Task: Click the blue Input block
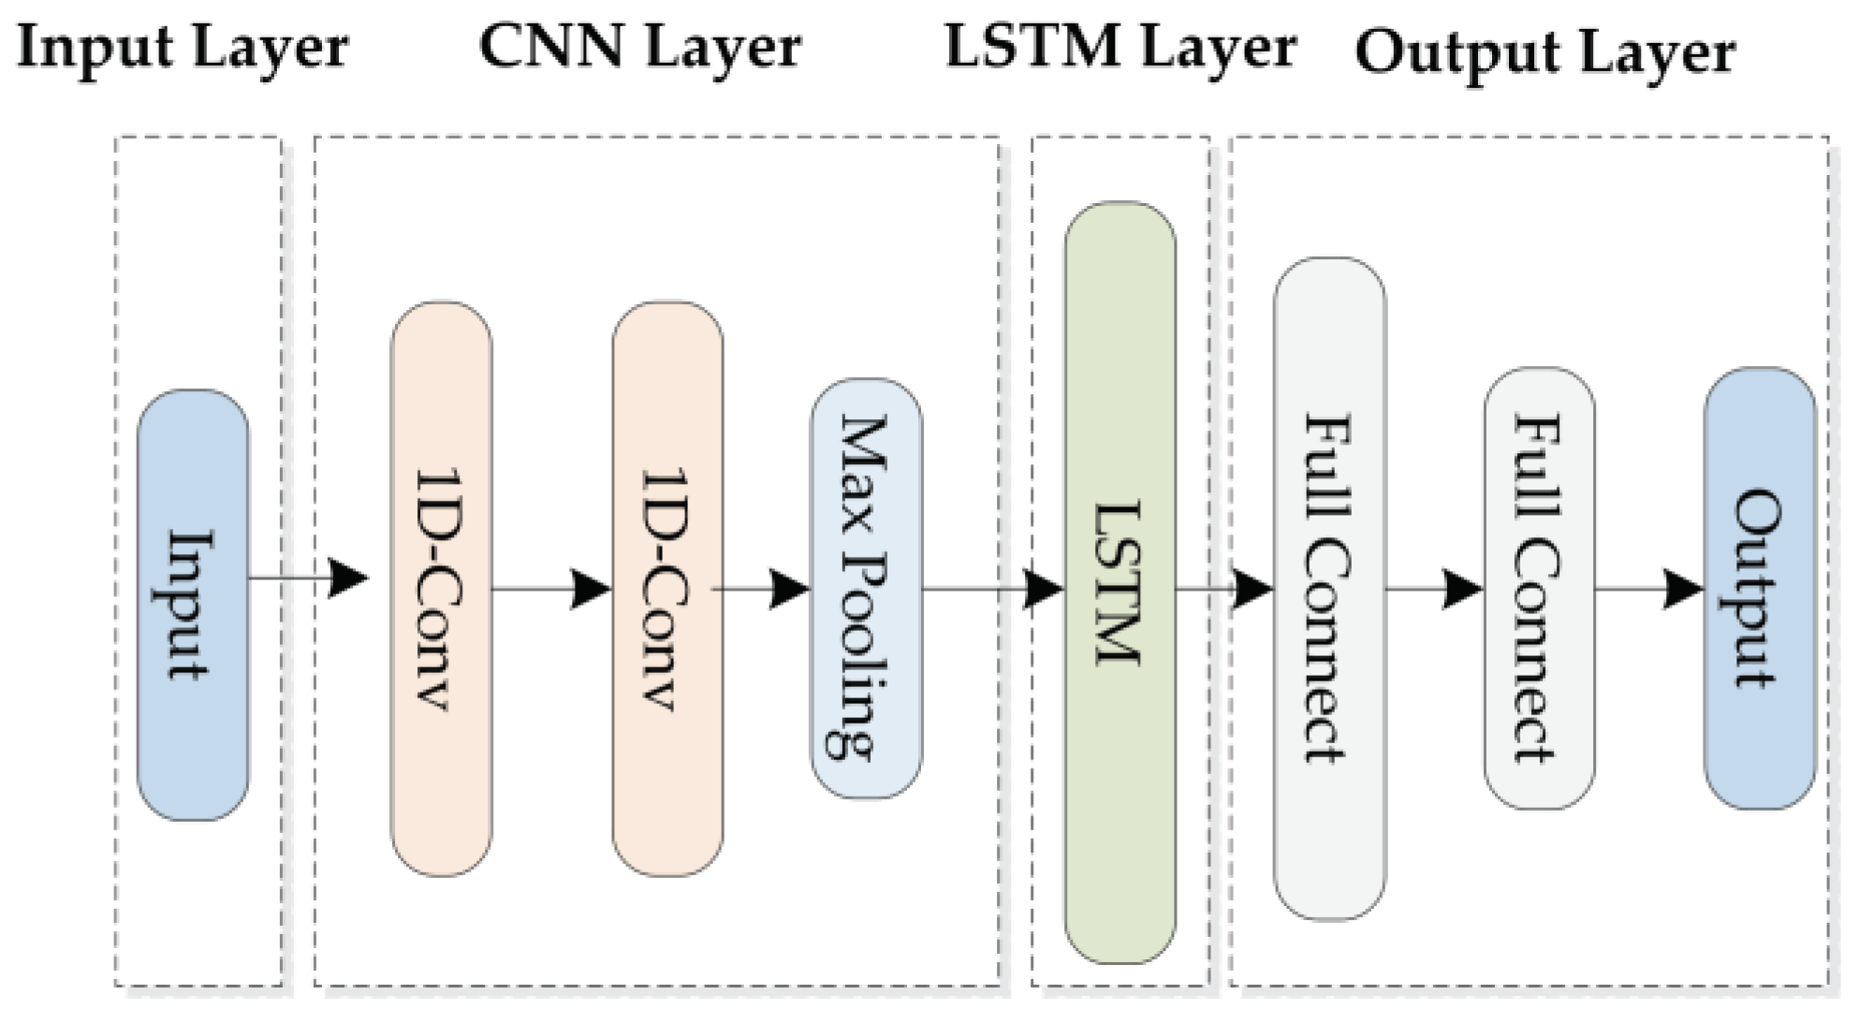tap(193, 605)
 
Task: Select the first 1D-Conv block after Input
tap(441, 588)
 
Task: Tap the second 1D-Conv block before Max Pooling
tap(666, 588)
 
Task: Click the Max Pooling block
tap(866, 588)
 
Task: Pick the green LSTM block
tap(1120, 582)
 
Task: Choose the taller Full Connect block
tap(1329, 588)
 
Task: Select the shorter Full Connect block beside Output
tap(1539, 588)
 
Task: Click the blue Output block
tap(1759, 588)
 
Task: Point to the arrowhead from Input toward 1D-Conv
tap(349, 578)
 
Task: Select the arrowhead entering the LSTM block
tap(1043, 589)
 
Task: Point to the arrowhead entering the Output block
tap(1683, 589)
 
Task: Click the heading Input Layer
tap(183, 47)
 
